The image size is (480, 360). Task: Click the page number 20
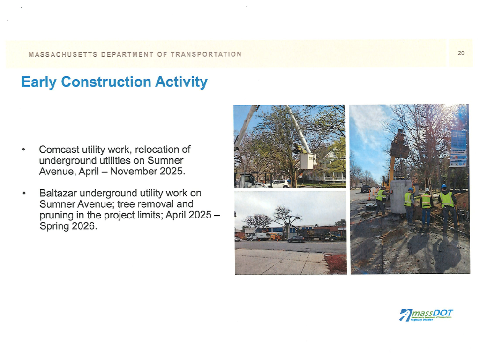pyautogui.click(x=461, y=53)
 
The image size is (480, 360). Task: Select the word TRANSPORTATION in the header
pyautogui.click(x=206, y=54)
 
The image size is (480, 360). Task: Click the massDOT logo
pyautogui.click(x=426, y=315)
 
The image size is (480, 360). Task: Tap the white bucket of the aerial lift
pyautogui.click(x=307, y=161)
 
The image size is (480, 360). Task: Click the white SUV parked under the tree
pyautogui.click(x=280, y=184)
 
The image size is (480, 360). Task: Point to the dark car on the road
pyautogui.click(x=296, y=239)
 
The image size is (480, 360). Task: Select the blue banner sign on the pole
pyautogui.click(x=458, y=147)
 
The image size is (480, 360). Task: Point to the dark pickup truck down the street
pyautogui.click(x=365, y=188)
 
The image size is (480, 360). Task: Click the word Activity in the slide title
pyautogui.click(x=181, y=82)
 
